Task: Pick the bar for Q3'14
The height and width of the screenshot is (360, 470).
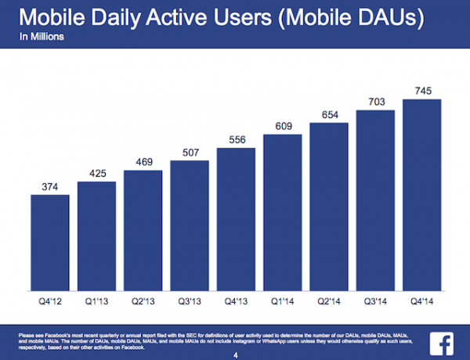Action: pos(376,203)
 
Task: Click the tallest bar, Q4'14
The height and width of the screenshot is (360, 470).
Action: pos(422,199)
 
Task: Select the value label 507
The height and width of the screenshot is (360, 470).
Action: pos(190,153)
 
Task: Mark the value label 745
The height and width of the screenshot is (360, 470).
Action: pos(422,90)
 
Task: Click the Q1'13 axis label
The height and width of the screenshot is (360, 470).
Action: pos(97,301)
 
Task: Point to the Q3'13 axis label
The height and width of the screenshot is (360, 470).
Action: pos(190,301)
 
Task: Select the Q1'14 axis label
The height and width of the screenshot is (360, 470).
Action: pos(283,301)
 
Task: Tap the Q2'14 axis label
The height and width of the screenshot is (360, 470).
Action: pos(330,301)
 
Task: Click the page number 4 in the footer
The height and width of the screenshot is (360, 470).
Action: pos(235,353)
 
